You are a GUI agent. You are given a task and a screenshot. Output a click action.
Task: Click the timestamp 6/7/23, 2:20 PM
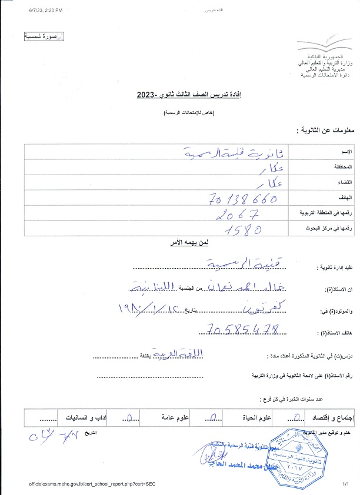tap(45, 11)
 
